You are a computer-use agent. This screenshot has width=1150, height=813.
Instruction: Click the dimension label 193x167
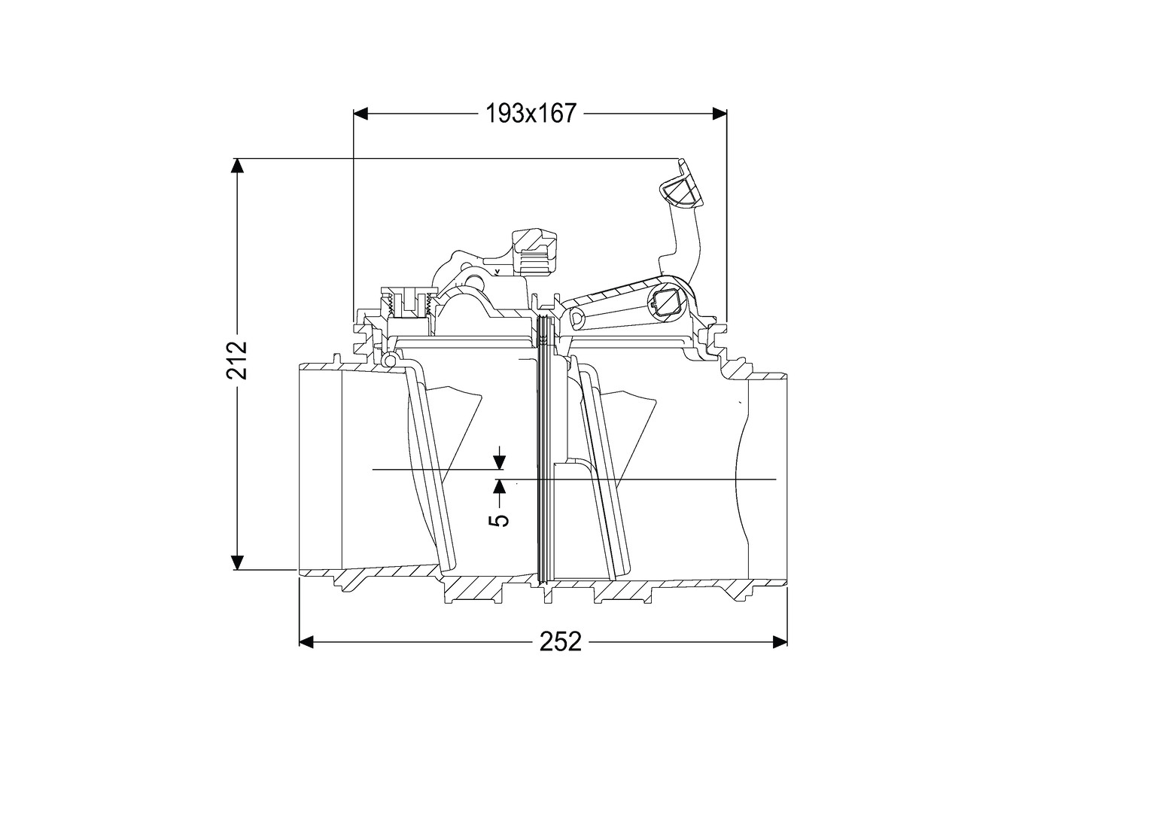point(531,114)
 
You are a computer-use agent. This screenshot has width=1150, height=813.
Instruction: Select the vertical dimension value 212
point(237,360)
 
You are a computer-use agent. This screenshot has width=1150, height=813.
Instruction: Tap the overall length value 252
point(561,641)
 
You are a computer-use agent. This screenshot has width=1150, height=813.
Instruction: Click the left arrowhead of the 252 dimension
point(306,641)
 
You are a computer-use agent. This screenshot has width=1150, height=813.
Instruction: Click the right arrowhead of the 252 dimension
point(780,641)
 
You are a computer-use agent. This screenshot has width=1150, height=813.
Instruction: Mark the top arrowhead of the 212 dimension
point(236,166)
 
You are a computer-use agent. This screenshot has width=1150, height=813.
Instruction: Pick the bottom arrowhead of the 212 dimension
point(236,562)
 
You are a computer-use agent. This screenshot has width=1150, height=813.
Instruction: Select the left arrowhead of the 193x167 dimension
point(361,114)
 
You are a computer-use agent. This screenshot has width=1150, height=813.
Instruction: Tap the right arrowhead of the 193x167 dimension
point(720,114)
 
